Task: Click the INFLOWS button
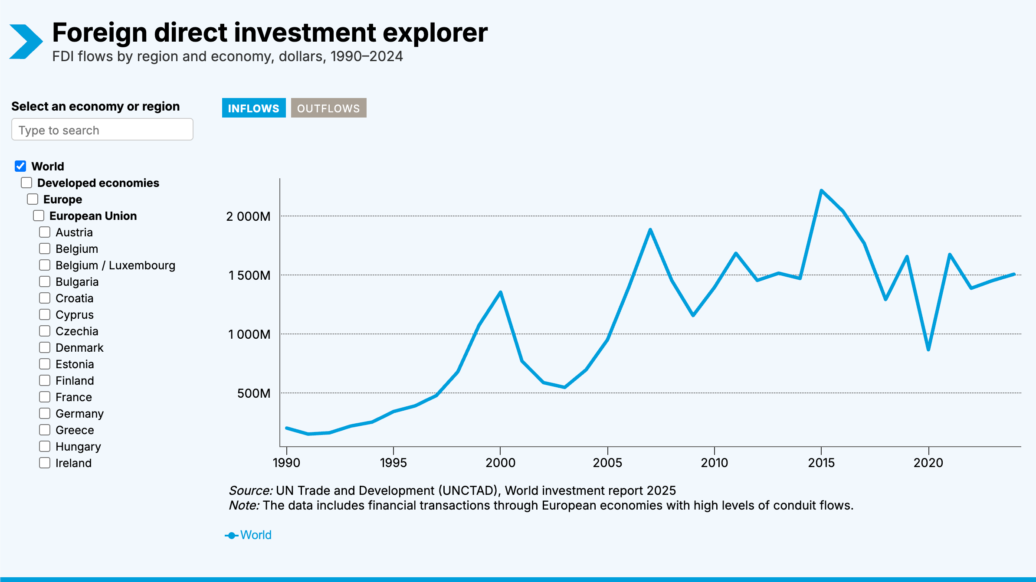click(x=253, y=108)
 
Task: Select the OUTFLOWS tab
click(x=328, y=108)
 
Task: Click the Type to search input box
click(x=102, y=130)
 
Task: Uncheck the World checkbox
click(x=20, y=166)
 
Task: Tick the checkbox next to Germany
click(x=45, y=413)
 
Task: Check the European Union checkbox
click(x=39, y=216)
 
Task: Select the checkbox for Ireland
click(x=45, y=463)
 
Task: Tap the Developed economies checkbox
click(x=26, y=183)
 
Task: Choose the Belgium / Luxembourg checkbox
click(x=45, y=265)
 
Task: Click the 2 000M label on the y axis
click(x=248, y=216)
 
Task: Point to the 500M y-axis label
click(x=253, y=393)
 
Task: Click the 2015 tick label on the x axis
click(x=821, y=463)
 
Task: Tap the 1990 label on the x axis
click(x=286, y=463)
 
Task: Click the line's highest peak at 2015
click(x=821, y=190)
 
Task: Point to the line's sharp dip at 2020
click(x=928, y=350)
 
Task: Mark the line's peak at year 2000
click(x=501, y=292)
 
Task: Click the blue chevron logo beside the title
click(x=26, y=42)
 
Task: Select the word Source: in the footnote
click(x=250, y=490)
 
